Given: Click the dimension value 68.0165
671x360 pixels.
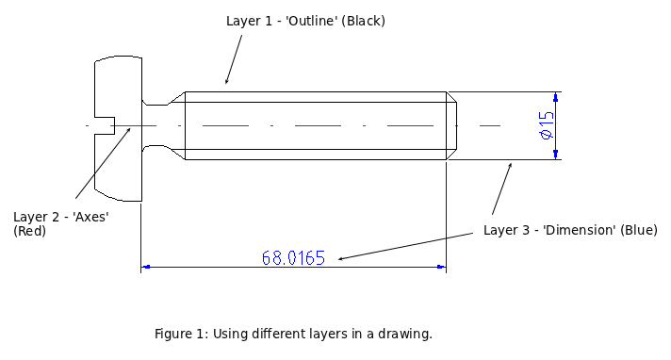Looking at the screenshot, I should pos(293,257).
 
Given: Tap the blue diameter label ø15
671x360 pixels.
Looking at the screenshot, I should pos(547,125).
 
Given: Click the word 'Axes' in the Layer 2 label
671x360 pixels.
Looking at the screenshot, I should pos(90,217).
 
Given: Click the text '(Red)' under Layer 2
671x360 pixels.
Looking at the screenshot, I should pos(29,231).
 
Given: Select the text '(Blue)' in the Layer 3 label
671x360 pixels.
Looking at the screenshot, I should pos(639,230).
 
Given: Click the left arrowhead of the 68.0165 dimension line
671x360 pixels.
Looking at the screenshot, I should pos(145,268).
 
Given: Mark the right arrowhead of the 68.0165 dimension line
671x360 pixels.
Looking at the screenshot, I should pos(441,268).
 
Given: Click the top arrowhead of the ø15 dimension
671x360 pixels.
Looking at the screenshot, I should pos(555,97).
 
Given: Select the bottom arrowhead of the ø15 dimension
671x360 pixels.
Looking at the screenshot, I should pos(555,155).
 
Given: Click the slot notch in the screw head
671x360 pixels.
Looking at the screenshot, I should pos(105,125).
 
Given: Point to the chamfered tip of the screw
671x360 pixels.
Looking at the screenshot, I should pos(451,125).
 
